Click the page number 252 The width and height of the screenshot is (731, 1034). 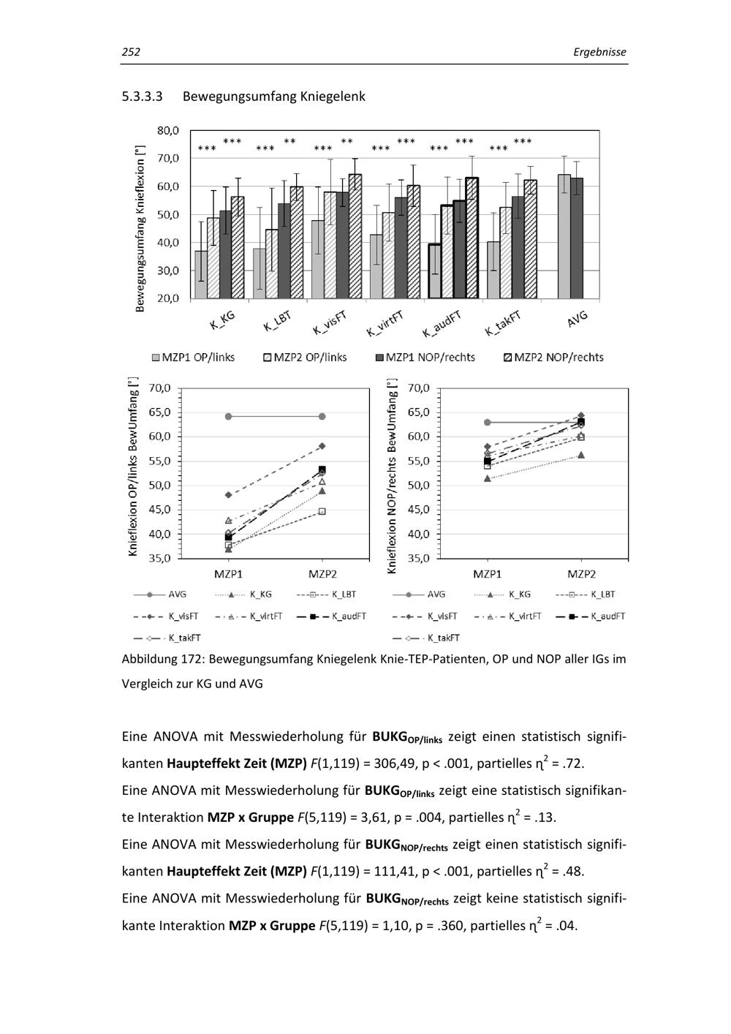pyautogui.click(x=131, y=52)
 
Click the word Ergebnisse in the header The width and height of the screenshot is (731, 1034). pyautogui.click(x=599, y=52)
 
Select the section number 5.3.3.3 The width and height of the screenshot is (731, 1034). pyautogui.click(x=142, y=96)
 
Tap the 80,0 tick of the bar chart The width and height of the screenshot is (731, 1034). pyautogui.click(x=168, y=130)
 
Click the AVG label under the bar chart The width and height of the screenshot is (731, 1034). pyautogui.click(x=577, y=318)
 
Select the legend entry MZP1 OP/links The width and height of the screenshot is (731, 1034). pyautogui.click(x=194, y=357)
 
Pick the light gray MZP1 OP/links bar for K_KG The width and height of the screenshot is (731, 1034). pyautogui.click(x=201, y=274)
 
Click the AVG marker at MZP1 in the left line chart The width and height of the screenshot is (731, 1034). pyautogui.click(x=228, y=416)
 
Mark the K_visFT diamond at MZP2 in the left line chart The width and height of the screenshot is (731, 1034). pyautogui.click(x=322, y=445)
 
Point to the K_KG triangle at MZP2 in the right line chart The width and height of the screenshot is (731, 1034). pyautogui.click(x=581, y=455)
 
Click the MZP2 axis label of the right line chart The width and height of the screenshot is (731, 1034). pyautogui.click(x=581, y=574)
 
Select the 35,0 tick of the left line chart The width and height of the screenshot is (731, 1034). pyautogui.click(x=159, y=558)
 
